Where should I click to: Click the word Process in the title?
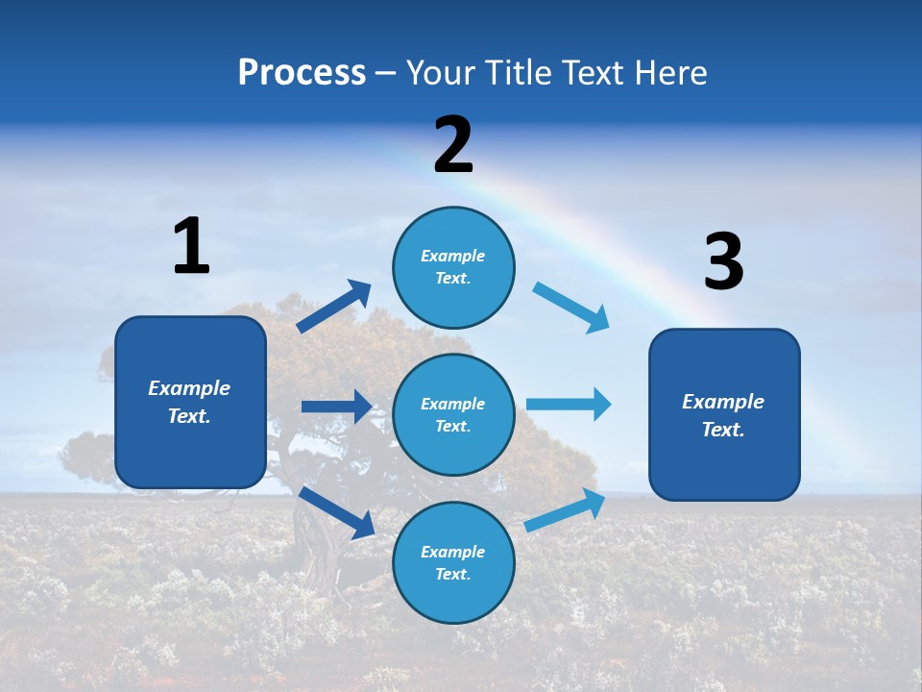302,73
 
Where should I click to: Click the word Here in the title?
669,73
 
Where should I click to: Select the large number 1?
191,247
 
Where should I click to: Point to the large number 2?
453,145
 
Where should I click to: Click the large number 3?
723,262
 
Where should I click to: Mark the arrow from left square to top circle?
334,307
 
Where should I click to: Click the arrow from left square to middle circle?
336,407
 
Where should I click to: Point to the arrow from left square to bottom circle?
337,511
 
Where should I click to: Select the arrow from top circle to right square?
571,308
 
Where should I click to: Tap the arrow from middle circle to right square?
569,404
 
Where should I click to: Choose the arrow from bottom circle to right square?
565,510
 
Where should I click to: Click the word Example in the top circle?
453,256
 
